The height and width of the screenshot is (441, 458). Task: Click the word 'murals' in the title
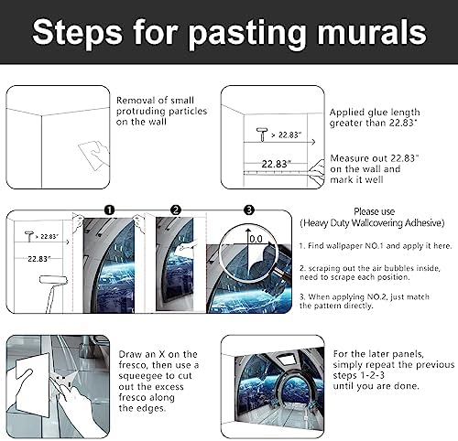point(372,32)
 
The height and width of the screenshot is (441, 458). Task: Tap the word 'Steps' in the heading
point(77,32)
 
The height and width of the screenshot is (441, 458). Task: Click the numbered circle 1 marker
point(109,210)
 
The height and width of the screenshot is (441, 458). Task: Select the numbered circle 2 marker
point(176,210)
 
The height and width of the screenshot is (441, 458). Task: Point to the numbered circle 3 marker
point(249,210)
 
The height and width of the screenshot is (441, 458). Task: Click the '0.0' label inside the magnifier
point(256,239)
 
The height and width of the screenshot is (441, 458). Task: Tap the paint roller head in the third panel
point(53,280)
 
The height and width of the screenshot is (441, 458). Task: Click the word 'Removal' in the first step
point(136,101)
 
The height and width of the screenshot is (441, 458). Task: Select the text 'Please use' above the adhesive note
point(374,211)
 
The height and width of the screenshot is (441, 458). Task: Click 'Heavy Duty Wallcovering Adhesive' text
point(372,223)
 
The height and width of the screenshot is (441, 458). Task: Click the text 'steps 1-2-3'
point(359,375)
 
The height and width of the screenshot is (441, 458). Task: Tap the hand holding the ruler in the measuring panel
point(317,172)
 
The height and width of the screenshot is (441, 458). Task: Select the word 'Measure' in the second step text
point(349,158)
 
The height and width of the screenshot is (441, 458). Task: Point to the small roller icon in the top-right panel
point(262,134)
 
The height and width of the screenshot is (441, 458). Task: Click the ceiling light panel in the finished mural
point(286,359)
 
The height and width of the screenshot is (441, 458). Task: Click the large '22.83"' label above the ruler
point(276,164)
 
